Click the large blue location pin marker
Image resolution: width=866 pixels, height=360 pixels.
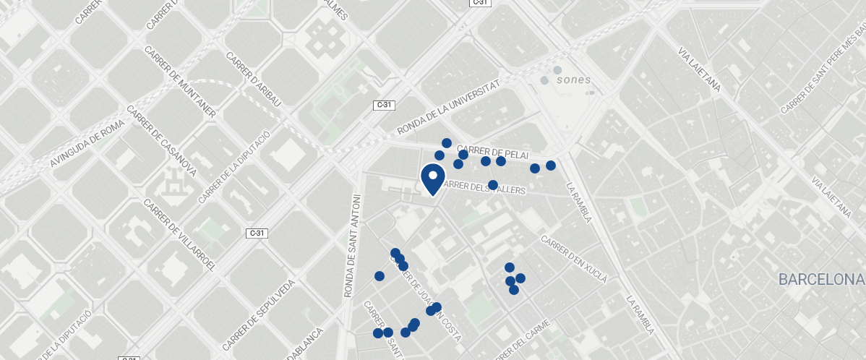coord(432,179)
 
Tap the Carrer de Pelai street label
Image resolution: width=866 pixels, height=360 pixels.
coord(493,153)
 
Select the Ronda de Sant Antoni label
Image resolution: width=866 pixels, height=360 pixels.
coord(351,246)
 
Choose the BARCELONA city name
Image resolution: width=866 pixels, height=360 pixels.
coord(821,279)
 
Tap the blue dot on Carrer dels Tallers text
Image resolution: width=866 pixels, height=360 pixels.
coord(493,185)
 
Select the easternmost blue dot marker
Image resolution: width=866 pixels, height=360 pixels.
coord(551,166)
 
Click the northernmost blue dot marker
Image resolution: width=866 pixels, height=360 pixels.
coord(447,143)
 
